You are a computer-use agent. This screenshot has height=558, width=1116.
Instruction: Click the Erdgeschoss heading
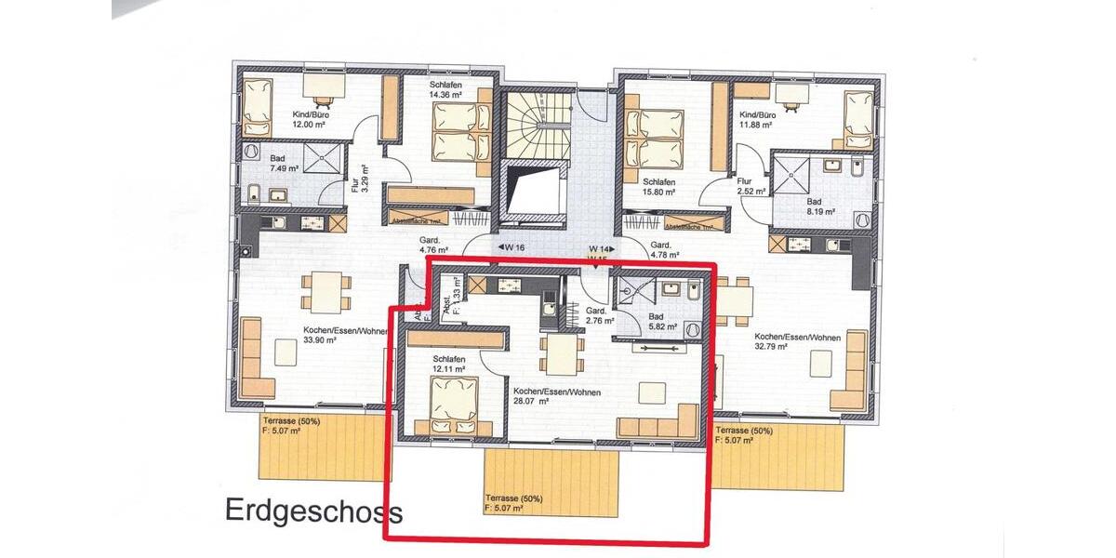313,512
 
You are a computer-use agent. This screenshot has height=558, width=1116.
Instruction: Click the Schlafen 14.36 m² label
446,89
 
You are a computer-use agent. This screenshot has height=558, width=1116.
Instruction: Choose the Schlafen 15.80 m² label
658,187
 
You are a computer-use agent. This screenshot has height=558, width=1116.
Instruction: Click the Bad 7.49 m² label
285,163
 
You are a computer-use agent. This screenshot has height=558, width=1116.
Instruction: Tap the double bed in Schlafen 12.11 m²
455,406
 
